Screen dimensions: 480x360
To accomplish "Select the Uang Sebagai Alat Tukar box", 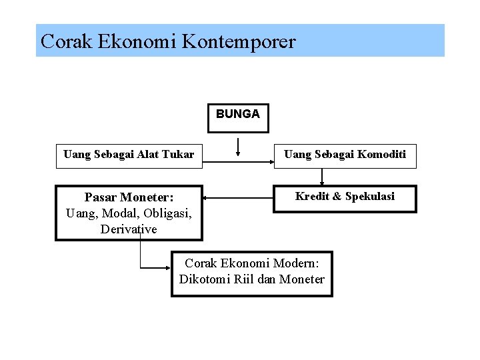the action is pos(129,155).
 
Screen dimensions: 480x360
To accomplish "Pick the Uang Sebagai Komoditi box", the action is pos(345,155).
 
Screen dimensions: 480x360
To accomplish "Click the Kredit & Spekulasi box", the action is pos(345,197).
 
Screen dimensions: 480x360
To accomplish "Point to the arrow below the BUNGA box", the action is pos(238,145).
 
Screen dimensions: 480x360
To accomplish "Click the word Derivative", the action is pos(129,229).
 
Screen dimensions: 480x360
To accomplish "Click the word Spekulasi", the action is pos(370,197).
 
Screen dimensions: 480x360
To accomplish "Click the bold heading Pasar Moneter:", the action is pos(129,197).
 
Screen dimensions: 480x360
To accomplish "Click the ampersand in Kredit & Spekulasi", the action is pos(337,197).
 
